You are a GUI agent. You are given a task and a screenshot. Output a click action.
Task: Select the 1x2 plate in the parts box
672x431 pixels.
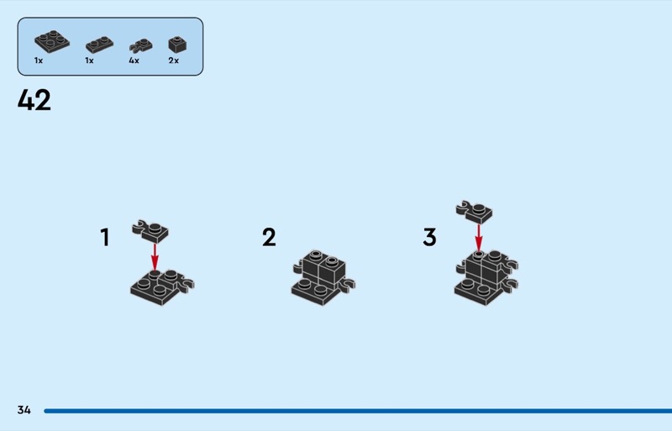(99, 45)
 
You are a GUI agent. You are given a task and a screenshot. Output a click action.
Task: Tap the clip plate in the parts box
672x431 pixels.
(140, 46)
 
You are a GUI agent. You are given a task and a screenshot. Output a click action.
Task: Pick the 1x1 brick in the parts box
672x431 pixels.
(177, 45)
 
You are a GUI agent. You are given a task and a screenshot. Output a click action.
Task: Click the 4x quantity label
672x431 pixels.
(134, 60)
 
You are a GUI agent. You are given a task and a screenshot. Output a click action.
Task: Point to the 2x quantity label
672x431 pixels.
(174, 60)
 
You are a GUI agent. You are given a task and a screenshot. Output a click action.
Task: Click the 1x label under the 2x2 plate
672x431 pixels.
(39, 60)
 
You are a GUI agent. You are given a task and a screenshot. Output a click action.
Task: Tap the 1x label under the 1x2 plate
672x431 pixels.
(89, 60)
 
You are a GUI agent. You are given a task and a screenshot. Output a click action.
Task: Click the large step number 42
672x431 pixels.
(34, 100)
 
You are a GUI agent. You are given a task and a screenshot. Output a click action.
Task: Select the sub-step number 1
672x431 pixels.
(105, 237)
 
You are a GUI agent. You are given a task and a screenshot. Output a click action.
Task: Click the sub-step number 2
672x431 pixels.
(269, 237)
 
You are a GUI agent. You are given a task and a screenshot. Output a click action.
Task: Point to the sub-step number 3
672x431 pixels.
(429, 237)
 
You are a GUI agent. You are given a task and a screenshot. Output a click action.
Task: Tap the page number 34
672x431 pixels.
(24, 410)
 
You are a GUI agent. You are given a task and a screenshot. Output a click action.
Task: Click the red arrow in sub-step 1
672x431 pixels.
(155, 257)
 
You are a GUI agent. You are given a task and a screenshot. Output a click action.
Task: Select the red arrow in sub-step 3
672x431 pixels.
(479, 238)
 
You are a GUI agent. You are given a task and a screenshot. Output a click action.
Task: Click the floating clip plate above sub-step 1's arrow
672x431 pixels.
(150, 232)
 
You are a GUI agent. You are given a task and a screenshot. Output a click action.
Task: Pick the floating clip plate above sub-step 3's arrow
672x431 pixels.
(475, 212)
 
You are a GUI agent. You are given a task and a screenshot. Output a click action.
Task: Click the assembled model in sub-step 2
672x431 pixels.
(323, 277)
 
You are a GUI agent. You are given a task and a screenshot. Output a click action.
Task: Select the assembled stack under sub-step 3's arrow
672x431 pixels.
(486, 277)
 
